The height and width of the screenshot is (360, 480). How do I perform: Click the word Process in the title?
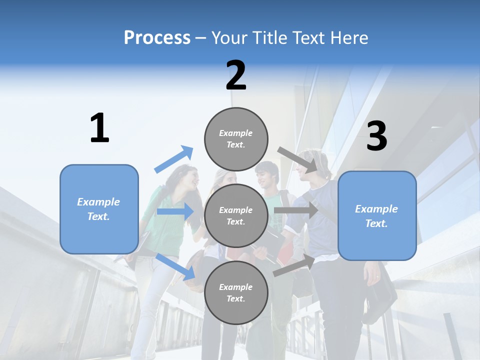pos(157,38)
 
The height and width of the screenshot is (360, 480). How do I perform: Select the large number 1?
pos(99,128)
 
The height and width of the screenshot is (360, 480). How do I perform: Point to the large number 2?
pos(236,76)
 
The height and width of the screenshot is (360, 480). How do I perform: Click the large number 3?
pos(376,136)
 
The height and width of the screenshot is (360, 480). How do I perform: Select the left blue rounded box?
pos(99,209)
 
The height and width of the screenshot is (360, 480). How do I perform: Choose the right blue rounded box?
pos(377,216)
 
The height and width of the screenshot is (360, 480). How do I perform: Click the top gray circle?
pos(236,139)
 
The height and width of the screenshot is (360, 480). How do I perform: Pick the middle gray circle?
pos(236,216)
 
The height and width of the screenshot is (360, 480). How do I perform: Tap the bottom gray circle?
pos(236,293)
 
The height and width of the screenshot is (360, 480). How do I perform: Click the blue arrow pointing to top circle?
pos(174,159)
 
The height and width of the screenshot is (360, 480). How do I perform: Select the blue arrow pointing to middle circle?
pos(175,211)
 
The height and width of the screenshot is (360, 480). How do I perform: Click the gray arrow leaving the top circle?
pos(297,159)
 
